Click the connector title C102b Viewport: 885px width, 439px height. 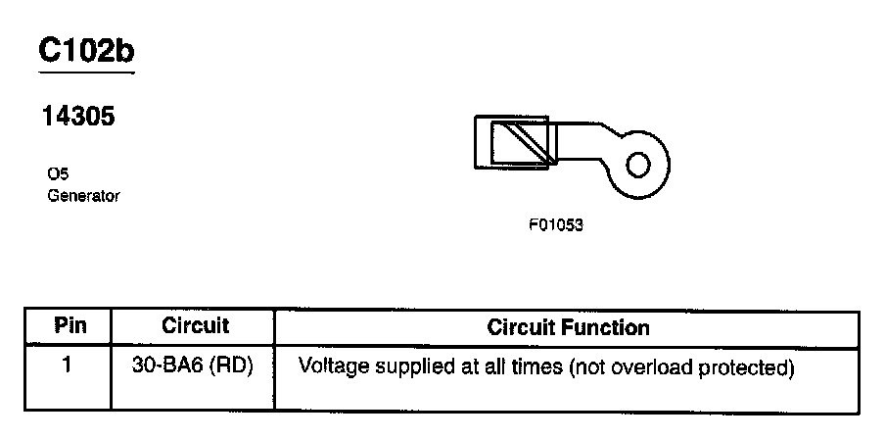tap(85, 51)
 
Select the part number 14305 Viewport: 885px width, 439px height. tap(77, 118)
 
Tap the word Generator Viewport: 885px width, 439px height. tap(83, 196)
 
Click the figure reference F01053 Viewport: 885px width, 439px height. tap(556, 224)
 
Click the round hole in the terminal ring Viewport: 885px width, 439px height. tap(637, 164)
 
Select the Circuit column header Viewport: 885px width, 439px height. tap(194, 326)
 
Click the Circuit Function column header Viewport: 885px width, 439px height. tap(568, 326)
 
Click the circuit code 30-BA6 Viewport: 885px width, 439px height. tap(167, 367)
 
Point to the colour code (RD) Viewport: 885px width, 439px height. tap(232, 367)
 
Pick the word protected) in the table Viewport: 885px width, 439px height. tap(750, 368)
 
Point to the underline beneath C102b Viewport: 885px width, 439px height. tap(85, 71)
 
